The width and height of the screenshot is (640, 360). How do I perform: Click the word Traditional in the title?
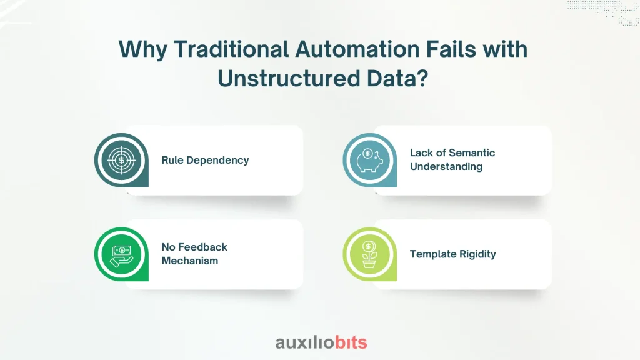coord(231,49)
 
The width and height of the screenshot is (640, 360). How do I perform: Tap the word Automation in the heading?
coord(357,49)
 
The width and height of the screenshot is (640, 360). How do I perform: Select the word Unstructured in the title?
coord(289,78)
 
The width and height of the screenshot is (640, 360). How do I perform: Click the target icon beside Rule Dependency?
coord(121,160)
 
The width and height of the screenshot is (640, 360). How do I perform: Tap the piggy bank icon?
coord(370,160)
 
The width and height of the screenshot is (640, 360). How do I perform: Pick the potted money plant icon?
coord(369,254)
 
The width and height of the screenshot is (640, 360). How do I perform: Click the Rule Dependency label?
coord(205,160)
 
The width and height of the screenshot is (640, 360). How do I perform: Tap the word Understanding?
coord(446,166)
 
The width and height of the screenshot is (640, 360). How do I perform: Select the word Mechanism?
coord(190,261)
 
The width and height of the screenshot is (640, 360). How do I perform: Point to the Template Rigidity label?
coord(453,254)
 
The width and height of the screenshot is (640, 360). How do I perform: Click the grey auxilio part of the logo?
coord(305,342)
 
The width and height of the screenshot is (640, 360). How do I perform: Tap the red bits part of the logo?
coord(351,342)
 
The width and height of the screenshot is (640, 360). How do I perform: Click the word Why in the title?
coord(143,50)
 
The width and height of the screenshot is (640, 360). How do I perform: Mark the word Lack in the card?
coord(420,152)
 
